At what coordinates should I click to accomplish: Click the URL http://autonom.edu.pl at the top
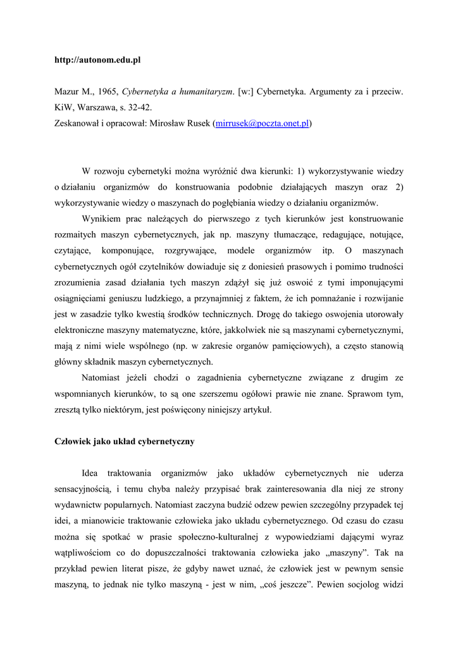[x=97, y=60]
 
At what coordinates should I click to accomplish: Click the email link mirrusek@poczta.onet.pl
[x=262, y=123]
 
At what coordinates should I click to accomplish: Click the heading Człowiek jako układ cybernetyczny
[x=125, y=442]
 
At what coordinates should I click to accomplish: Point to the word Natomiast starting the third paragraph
[x=103, y=378]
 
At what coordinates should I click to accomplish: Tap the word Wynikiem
[x=101, y=219]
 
